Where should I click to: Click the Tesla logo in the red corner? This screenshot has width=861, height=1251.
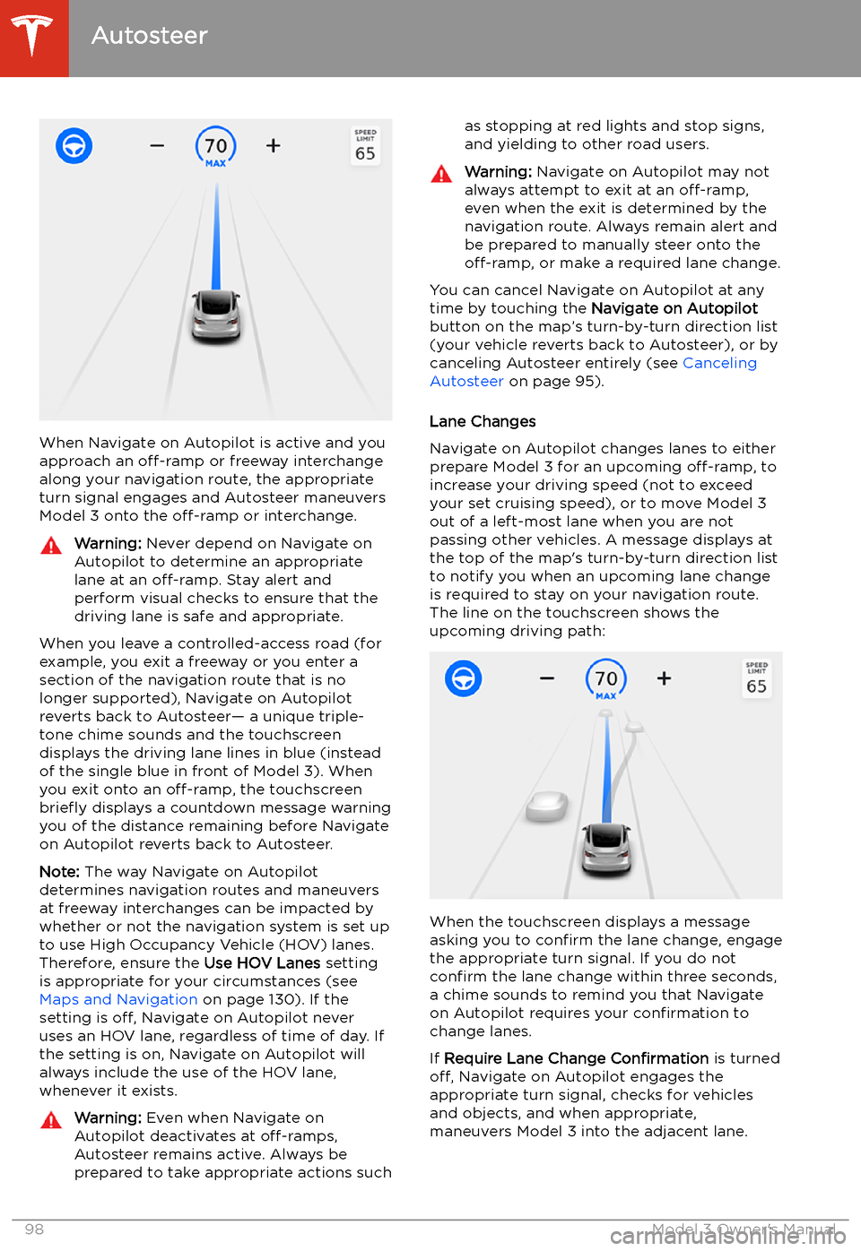33,36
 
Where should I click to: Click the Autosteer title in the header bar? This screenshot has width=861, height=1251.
150,36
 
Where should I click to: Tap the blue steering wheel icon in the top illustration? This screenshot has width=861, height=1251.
74,145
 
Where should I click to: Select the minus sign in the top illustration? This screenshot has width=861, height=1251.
157,145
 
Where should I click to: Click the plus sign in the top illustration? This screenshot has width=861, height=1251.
274,145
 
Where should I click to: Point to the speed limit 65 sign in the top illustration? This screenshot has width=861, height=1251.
365,146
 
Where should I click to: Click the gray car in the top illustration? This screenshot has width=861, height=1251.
216,315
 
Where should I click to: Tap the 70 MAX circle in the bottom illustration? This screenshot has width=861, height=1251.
606,680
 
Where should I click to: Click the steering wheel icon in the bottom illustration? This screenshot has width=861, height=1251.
464,678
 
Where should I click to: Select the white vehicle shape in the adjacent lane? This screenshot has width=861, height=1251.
547,806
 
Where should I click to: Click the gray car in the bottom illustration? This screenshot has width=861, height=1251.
607,849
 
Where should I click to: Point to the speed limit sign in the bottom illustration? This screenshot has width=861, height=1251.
756,679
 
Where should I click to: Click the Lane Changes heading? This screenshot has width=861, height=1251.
483,421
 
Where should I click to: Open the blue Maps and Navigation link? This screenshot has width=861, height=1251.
118,999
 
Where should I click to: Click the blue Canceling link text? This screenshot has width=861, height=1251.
719,363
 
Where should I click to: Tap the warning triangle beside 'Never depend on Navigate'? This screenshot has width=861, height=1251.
51,545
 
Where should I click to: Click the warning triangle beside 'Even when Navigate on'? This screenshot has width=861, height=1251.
51,1119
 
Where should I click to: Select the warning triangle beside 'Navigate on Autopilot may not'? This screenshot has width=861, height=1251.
441,174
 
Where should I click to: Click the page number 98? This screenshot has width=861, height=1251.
34,1229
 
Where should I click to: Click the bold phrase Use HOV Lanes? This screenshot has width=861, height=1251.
262,962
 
